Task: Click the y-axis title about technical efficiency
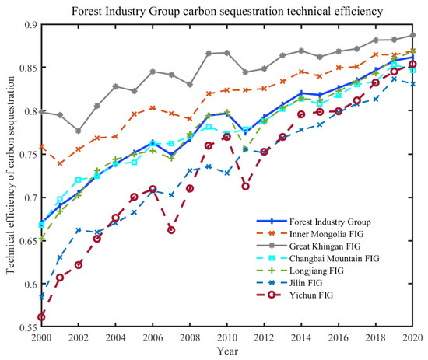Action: (11, 177)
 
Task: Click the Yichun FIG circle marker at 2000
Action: (41, 317)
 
